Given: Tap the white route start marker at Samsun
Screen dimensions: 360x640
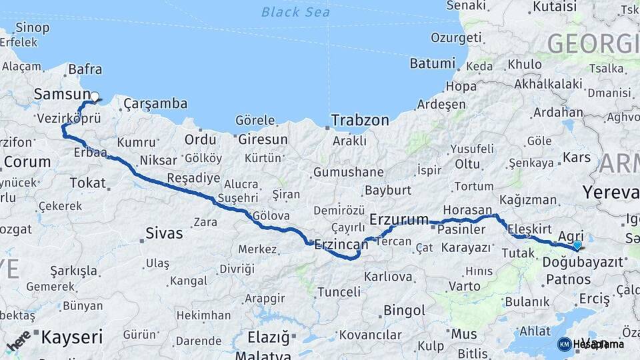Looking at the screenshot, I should click(x=95, y=97).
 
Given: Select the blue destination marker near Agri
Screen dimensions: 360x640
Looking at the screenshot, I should click(x=577, y=246).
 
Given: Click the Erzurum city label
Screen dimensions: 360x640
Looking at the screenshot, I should click(x=399, y=219).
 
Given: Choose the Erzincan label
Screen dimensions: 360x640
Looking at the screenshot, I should click(x=341, y=244).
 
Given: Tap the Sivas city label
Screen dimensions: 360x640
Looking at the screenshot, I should click(x=165, y=234).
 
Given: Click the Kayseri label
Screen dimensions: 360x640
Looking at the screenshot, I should click(x=72, y=337).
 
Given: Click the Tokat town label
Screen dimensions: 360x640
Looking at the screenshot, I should click(x=87, y=183).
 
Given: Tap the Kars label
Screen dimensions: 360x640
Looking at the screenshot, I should click(x=577, y=158).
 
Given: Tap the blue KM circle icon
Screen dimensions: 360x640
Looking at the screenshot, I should click(x=564, y=344).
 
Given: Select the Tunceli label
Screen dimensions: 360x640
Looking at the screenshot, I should click(x=339, y=292).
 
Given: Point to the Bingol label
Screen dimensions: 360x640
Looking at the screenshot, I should click(x=404, y=311).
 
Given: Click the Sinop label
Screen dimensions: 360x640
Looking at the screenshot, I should click(x=32, y=27).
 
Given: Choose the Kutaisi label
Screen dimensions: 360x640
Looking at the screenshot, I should click(x=553, y=7).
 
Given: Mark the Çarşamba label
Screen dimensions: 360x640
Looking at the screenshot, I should click(x=155, y=104).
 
